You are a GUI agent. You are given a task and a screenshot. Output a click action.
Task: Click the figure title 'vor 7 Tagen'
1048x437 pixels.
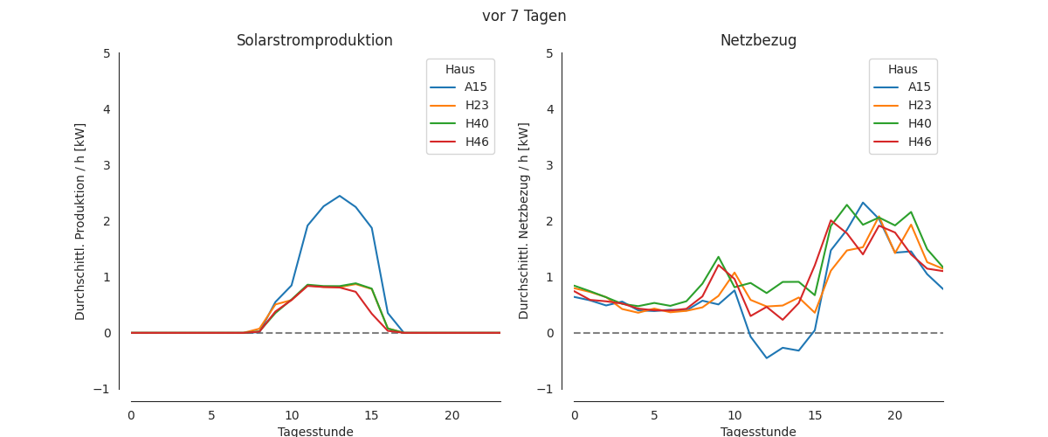click(x=524, y=16)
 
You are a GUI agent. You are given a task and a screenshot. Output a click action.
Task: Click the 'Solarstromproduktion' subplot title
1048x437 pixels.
click(x=314, y=41)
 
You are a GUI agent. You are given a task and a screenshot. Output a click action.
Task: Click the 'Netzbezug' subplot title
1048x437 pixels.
click(x=758, y=41)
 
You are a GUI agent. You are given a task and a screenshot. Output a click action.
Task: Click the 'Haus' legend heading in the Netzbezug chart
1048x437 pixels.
click(x=903, y=70)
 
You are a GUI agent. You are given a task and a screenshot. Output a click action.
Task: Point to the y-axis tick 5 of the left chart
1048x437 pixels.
click(x=107, y=53)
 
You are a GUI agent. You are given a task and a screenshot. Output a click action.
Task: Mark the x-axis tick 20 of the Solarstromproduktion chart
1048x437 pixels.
click(x=452, y=415)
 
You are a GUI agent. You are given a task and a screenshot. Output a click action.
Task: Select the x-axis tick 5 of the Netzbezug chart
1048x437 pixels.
click(x=654, y=415)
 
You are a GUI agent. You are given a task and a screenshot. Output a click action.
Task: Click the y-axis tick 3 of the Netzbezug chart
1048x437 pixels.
click(x=549, y=165)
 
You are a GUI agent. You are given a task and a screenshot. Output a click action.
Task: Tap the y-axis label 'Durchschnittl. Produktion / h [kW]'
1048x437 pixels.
click(x=80, y=221)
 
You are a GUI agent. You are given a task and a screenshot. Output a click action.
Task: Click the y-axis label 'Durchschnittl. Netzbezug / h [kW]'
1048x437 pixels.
click(x=524, y=221)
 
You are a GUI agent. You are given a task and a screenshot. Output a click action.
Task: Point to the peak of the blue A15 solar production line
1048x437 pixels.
click(x=340, y=196)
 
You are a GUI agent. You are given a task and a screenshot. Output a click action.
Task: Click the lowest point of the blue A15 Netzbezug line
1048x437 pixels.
click(x=767, y=357)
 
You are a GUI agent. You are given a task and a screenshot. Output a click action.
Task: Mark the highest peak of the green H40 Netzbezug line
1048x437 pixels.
click(x=846, y=205)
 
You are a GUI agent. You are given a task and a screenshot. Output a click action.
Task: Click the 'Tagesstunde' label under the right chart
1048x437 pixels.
click(x=758, y=432)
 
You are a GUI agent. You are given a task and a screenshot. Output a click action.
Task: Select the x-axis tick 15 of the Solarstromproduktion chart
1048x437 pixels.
click(x=372, y=415)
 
